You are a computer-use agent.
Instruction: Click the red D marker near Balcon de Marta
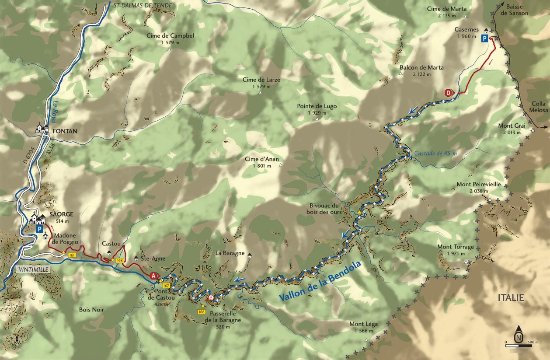449,93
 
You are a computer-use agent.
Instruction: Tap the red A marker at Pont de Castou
153,276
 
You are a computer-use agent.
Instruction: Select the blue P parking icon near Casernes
485,38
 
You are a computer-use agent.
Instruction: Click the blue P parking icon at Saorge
39,229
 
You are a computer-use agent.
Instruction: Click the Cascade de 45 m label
435,154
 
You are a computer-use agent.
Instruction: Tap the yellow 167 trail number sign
165,285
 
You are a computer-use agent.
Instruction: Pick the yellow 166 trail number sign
202,311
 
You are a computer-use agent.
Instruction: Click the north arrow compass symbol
519,335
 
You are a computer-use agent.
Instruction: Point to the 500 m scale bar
519,346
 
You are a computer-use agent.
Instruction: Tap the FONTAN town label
62,131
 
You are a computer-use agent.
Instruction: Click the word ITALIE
511,298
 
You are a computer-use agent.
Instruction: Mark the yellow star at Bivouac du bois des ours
360,213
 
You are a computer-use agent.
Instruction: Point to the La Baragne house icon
249,256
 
